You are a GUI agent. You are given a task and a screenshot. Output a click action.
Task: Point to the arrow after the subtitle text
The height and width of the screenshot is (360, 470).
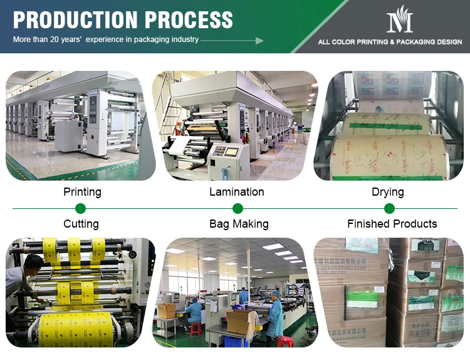[x=232, y=40]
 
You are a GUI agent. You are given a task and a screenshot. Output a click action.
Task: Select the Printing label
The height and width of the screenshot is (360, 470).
[x=82, y=192]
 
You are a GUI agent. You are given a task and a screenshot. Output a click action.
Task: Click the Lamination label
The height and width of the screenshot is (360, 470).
[x=236, y=192]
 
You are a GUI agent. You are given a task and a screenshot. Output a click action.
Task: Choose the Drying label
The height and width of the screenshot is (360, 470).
[x=387, y=192]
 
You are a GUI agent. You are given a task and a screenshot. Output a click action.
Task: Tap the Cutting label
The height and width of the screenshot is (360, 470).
[x=81, y=224]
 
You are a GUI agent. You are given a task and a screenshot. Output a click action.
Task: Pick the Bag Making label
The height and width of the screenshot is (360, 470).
[x=239, y=224]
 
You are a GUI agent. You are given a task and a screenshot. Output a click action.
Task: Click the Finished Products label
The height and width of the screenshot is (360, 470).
[x=392, y=224]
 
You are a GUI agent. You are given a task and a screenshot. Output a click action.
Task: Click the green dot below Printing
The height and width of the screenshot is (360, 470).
[x=80, y=208]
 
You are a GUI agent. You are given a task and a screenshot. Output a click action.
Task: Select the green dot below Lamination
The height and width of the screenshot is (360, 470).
[x=238, y=208]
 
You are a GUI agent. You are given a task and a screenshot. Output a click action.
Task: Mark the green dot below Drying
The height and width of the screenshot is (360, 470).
[x=388, y=208]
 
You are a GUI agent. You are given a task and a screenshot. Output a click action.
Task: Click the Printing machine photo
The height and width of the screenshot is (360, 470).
[x=81, y=125]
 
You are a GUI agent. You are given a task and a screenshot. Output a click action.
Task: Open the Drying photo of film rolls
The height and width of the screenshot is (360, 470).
[x=388, y=125]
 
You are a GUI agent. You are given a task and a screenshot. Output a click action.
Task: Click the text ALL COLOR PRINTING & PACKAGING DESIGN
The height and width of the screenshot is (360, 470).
[x=390, y=43]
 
